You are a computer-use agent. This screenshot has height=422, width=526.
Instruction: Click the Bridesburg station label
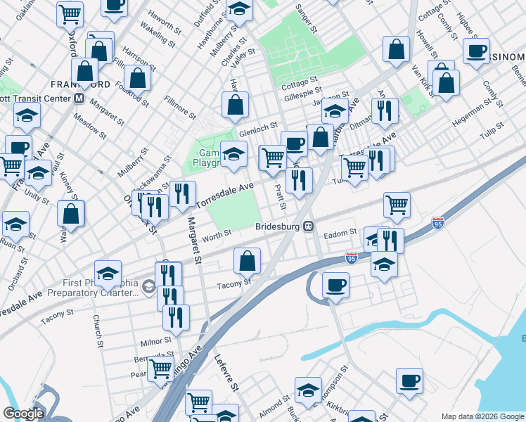tap(276, 226)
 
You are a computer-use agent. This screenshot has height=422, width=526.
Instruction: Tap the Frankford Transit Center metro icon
tap(79, 98)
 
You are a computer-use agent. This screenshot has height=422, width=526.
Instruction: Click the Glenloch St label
tap(255, 132)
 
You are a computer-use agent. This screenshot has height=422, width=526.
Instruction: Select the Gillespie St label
tap(304, 91)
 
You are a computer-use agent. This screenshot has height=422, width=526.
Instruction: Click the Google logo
tap(23, 414)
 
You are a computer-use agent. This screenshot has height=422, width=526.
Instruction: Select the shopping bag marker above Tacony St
tap(247, 261)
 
